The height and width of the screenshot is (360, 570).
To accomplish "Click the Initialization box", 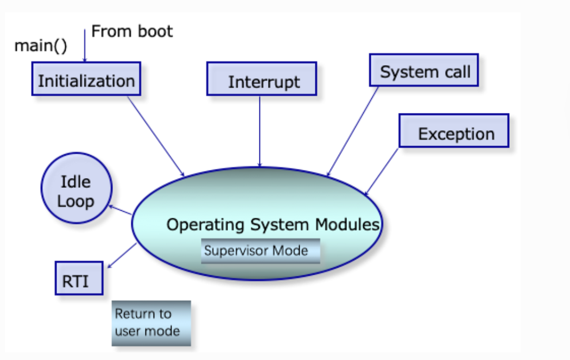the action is click(x=86, y=79).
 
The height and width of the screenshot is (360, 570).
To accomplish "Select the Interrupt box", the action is click(x=262, y=79).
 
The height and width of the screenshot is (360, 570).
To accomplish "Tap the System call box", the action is click(x=424, y=70).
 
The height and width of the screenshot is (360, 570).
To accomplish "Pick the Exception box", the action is click(x=454, y=131).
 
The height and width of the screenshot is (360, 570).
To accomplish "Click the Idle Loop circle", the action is click(x=77, y=188).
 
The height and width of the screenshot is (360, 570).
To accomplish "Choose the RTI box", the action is click(x=79, y=278).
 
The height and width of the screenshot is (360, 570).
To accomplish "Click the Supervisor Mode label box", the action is click(x=261, y=251).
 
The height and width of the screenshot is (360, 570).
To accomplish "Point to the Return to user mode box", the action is click(x=151, y=323).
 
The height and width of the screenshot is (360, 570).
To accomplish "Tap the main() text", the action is click(x=41, y=46).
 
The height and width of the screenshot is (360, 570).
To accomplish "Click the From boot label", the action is click(x=132, y=31).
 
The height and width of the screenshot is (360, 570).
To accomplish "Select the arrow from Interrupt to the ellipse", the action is click(x=259, y=131).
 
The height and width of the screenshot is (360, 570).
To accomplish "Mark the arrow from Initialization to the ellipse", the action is click(x=156, y=136).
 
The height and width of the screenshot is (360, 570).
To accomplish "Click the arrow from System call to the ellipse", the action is click(x=353, y=131).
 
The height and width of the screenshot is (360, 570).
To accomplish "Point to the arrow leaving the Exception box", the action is click(x=382, y=172).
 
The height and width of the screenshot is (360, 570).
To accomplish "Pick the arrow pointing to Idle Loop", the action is click(x=121, y=210).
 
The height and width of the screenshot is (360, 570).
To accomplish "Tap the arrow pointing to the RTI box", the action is click(x=122, y=256).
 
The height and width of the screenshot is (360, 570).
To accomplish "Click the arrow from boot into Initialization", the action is click(x=85, y=46).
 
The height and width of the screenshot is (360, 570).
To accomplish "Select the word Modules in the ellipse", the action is click(x=347, y=224).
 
